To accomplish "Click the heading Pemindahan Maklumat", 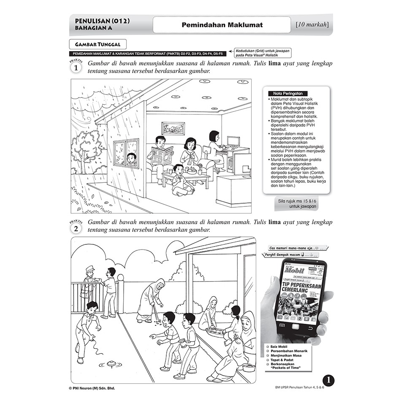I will (x=222, y=25).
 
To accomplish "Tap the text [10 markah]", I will (x=312, y=24).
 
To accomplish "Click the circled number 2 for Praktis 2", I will (x=76, y=228).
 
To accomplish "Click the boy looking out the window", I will (x=132, y=159).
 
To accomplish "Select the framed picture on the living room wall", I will (x=173, y=128).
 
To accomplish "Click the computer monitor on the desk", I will (x=233, y=141).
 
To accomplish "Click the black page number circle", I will (x=328, y=380).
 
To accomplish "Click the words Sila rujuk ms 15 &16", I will (x=298, y=201).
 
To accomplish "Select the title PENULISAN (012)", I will (x=102, y=21).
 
